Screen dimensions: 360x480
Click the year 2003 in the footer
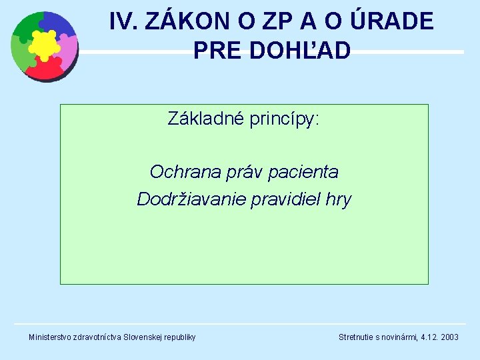point(449,337)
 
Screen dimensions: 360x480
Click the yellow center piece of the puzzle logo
point(44,45)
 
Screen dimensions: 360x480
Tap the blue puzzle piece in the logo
point(59,25)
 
